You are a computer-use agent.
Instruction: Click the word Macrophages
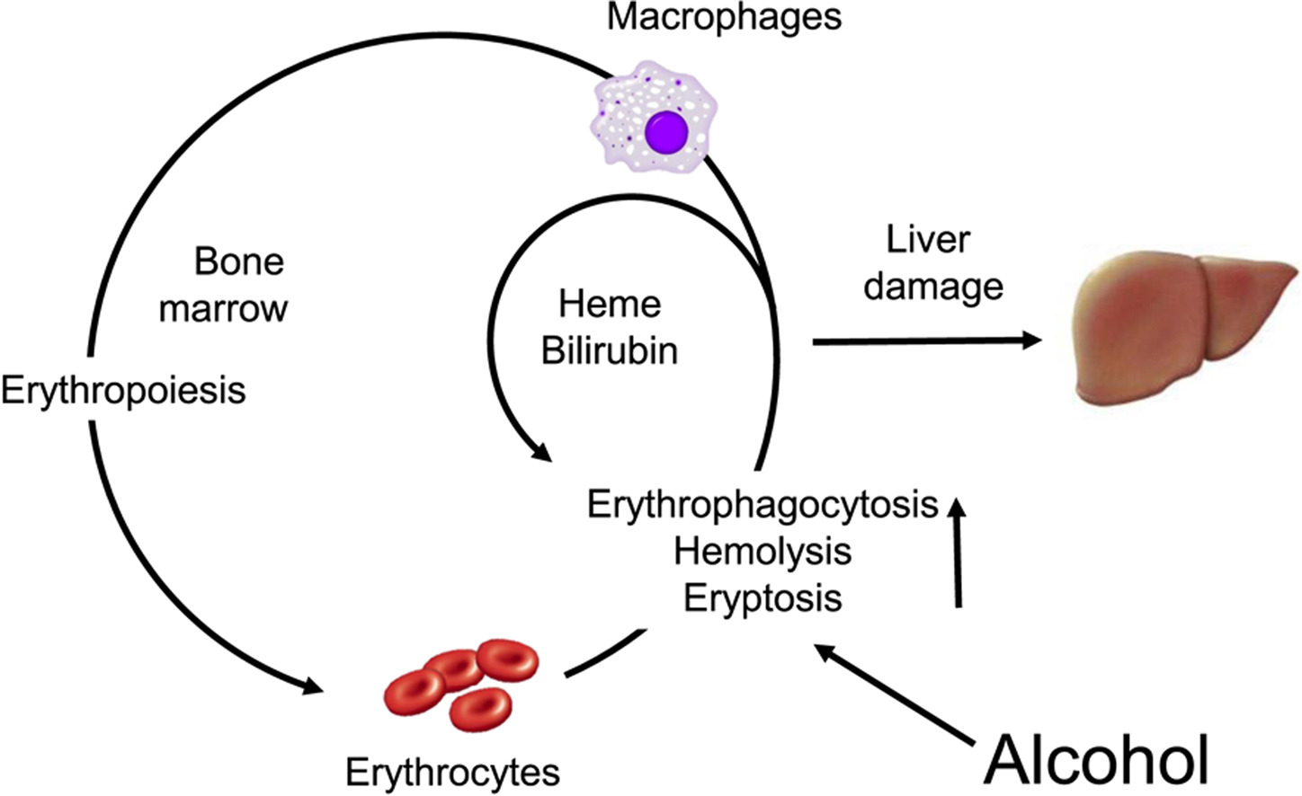pos(724,17)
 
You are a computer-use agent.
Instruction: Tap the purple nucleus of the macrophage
pos(666,131)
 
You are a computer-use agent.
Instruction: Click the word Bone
pos(238,261)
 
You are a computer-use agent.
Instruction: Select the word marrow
pos(223,308)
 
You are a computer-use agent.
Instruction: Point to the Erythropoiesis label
pos(123,391)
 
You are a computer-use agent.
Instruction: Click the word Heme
pos(610,304)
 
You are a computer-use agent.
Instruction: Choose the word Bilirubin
pos(610,350)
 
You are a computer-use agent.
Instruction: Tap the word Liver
pos(928,240)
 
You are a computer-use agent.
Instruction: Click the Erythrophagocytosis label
pos(762,505)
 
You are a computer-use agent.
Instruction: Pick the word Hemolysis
pos(762,551)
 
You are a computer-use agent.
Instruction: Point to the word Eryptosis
pos(762,597)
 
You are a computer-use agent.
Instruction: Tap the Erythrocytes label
pos(452,772)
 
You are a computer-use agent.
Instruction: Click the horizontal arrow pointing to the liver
pos(926,341)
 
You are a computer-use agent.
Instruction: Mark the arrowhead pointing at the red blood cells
pos(310,687)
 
